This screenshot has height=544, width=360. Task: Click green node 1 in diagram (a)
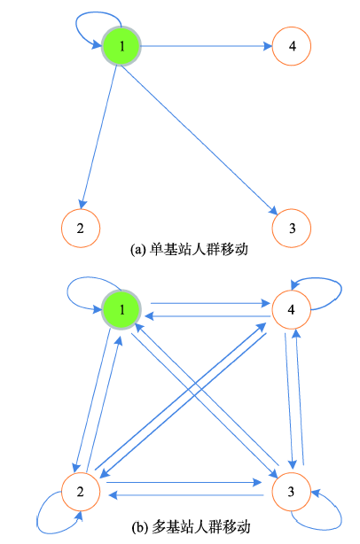tap(121, 46)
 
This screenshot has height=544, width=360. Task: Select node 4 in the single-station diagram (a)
tap(291, 46)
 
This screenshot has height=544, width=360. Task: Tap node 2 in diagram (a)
tap(81, 228)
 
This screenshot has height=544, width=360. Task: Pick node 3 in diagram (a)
tap(291, 228)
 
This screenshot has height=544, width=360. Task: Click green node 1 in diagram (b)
tap(121, 309)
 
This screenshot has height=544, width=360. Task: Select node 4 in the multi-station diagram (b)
tap(291, 309)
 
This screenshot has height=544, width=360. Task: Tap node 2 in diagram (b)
tap(81, 491)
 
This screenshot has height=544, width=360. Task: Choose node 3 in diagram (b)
tap(291, 491)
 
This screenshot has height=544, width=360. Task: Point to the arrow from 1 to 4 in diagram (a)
tap(207, 46)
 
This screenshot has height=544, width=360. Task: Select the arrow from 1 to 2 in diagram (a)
tap(99, 137)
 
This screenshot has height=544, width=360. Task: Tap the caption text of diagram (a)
tap(189, 250)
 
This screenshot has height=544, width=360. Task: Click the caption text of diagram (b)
tap(191, 526)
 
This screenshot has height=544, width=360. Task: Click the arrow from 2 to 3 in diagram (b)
tap(184, 483)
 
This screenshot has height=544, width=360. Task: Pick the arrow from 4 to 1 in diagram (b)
tap(207, 316)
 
